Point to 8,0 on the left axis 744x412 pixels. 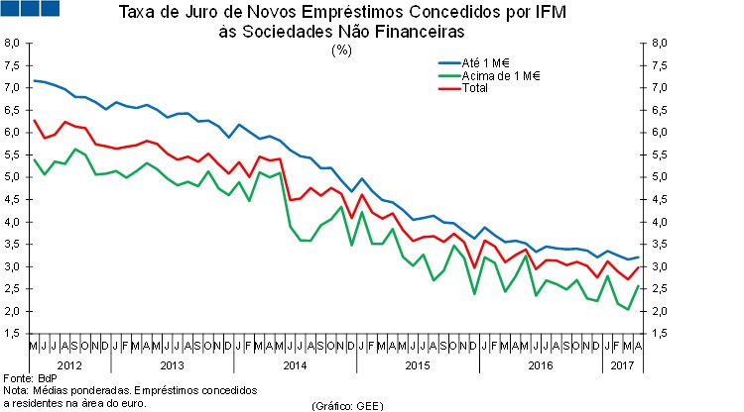(x=13, y=44)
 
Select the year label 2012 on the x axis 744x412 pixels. (x=69, y=365)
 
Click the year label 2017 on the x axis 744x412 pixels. (x=623, y=365)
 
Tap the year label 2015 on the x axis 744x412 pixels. (x=419, y=365)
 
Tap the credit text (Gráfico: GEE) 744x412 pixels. (x=347, y=406)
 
